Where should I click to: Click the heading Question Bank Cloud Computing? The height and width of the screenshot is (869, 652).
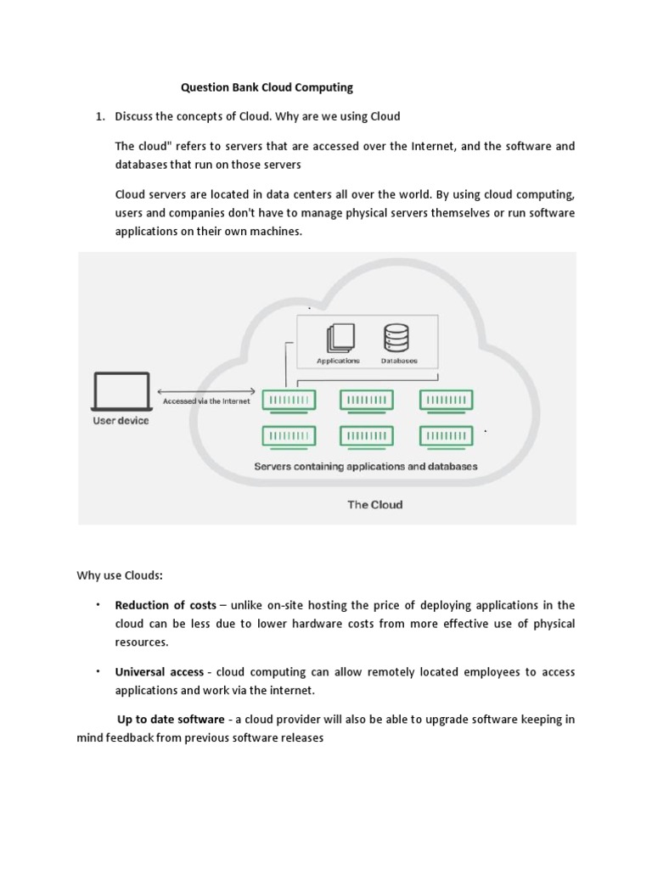(267, 87)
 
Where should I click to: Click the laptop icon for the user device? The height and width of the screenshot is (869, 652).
(120, 393)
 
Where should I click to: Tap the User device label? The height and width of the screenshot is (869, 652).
(120, 421)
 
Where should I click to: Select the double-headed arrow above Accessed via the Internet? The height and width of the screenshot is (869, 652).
(206, 390)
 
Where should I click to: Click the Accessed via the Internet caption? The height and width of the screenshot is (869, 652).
(206, 401)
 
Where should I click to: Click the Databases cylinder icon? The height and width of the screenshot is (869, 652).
(396, 337)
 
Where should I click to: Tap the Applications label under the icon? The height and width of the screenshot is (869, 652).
(338, 361)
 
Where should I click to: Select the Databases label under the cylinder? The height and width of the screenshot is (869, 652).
(398, 361)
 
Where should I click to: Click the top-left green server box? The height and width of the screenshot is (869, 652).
(289, 400)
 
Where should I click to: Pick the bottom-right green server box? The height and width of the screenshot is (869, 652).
(447, 436)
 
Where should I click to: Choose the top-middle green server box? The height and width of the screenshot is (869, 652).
(367, 400)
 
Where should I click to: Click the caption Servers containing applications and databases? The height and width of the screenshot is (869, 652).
(366, 466)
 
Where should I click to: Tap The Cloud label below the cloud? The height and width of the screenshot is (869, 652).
(374, 504)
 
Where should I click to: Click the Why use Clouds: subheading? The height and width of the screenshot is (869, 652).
(120, 576)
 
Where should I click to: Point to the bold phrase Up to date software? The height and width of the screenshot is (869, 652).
(171, 720)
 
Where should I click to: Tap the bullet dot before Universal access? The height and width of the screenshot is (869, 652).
(98, 670)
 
